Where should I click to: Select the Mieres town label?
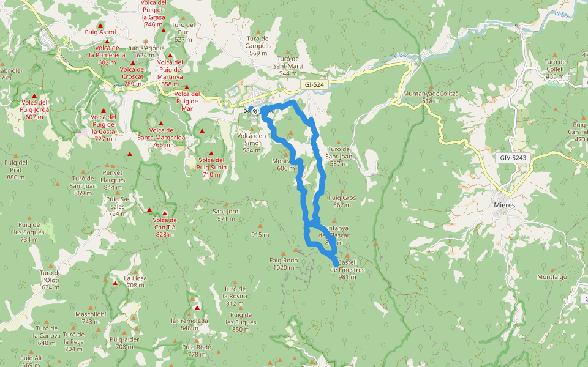tap(504, 205)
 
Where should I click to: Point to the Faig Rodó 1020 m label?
tap(284, 264)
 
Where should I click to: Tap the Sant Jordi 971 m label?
tap(226, 215)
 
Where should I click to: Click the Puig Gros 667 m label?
tap(342, 201)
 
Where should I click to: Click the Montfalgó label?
tap(552, 276)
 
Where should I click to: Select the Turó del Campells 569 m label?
tap(258, 46)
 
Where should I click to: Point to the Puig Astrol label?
tap(100, 32)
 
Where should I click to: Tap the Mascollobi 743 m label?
tap(91, 317)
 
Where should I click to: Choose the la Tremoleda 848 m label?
tap(189, 324)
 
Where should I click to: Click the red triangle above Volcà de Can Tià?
tap(165, 213)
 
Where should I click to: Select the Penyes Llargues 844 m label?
tap(113, 177)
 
